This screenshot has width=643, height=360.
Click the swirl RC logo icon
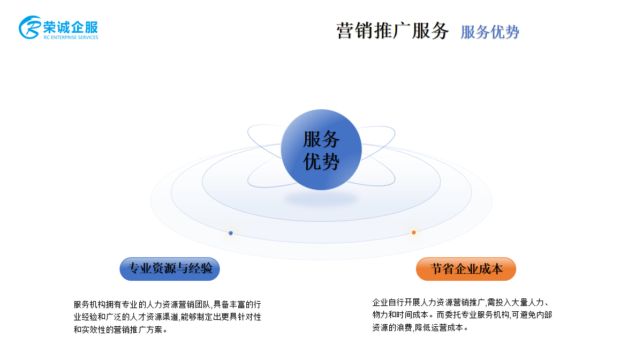(x=30, y=27)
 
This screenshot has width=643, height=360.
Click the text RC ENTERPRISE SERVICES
(x=71, y=37)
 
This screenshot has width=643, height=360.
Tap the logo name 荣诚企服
(x=71, y=27)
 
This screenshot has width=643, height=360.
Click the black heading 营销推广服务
(x=392, y=31)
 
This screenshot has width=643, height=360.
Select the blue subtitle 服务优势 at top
(x=490, y=32)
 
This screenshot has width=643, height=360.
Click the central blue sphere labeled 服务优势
(x=321, y=149)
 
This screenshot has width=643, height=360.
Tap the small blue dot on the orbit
(x=231, y=233)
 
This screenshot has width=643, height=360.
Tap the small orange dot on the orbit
(x=414, y=232)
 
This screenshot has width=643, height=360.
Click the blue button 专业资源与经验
(x=170, y=269)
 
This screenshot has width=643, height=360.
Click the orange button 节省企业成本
(x=466, y=269)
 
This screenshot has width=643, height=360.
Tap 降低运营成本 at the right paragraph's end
(x=439, y=328)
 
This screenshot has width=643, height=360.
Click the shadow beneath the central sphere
(x=321, y=199)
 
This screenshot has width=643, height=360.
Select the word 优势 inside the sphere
(x=321, y=162)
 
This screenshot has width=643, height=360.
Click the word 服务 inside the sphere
(x=321, y=139)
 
